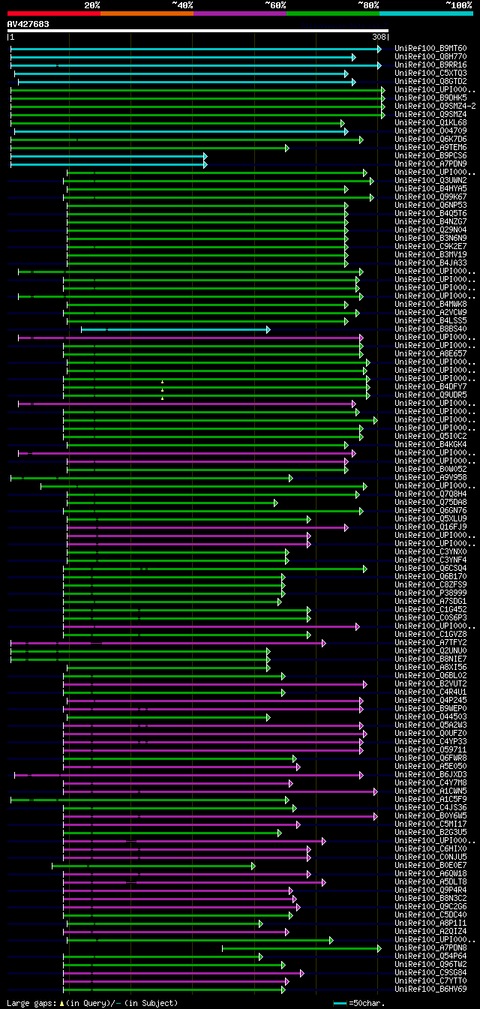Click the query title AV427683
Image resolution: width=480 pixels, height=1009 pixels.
[28, 24]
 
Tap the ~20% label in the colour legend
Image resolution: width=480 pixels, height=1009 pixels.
[91, 5]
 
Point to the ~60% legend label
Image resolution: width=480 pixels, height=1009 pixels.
[274, 5]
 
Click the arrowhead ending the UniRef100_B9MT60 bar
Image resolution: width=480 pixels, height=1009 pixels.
[379, 49]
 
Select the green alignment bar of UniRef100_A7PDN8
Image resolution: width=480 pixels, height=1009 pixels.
[300, 948]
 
